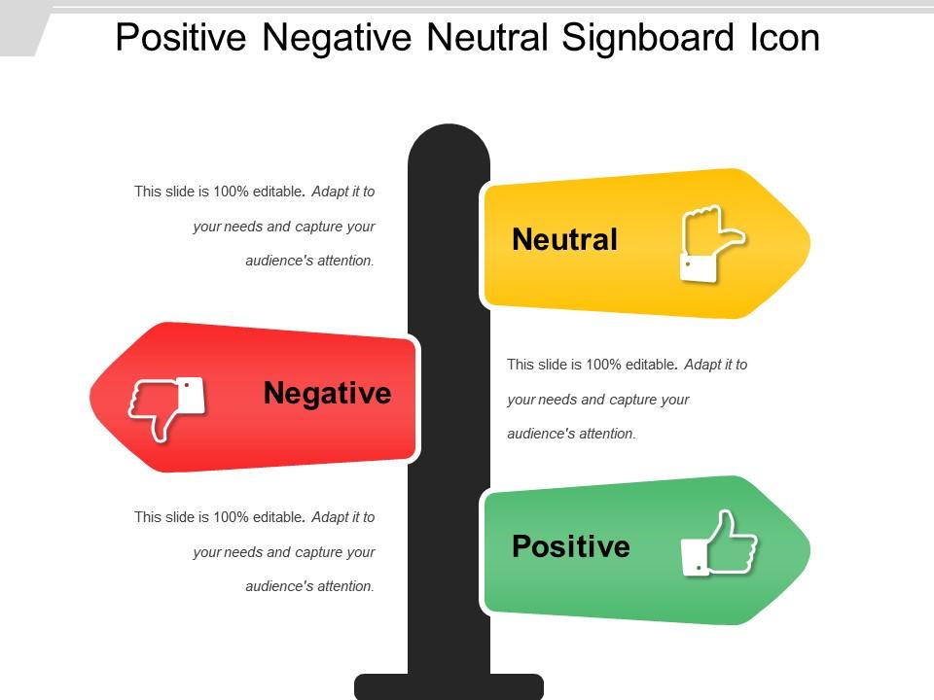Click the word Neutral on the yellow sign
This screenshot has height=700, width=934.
click(564, 239)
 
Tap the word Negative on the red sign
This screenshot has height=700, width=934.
click(327, 393)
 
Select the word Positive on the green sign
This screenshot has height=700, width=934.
click(570, 546)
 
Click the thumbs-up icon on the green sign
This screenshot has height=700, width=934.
click(718, 544)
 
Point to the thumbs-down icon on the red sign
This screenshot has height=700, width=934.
click(166, 405)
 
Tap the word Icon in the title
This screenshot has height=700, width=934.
click(784, 38)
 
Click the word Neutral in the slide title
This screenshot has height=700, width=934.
click(487, 38)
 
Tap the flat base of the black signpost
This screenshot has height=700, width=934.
click(449, 686)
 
